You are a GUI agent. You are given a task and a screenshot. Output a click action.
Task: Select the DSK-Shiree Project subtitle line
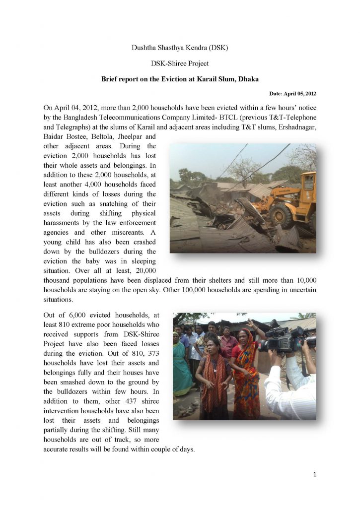tap(180, 63)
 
